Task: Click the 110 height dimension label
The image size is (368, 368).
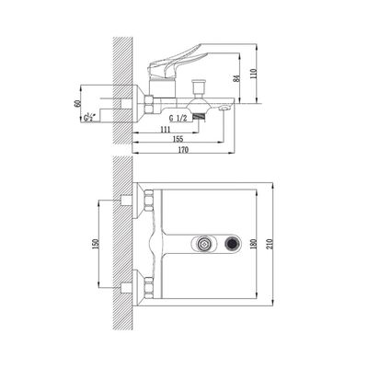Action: [253, 74]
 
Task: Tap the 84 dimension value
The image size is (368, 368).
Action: [236, 77]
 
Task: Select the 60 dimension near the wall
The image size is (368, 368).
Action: [77, 104]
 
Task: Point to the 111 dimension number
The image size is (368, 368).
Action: [165, 130]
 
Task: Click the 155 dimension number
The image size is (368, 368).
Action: [178, 139]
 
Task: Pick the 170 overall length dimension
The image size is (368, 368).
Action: [184, 150]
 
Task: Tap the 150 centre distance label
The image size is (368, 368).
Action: [95, 244]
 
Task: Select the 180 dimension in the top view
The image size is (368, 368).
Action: [253, 244]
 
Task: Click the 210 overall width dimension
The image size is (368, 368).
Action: [270, 244]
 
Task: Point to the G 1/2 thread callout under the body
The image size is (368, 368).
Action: [178, 119]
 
